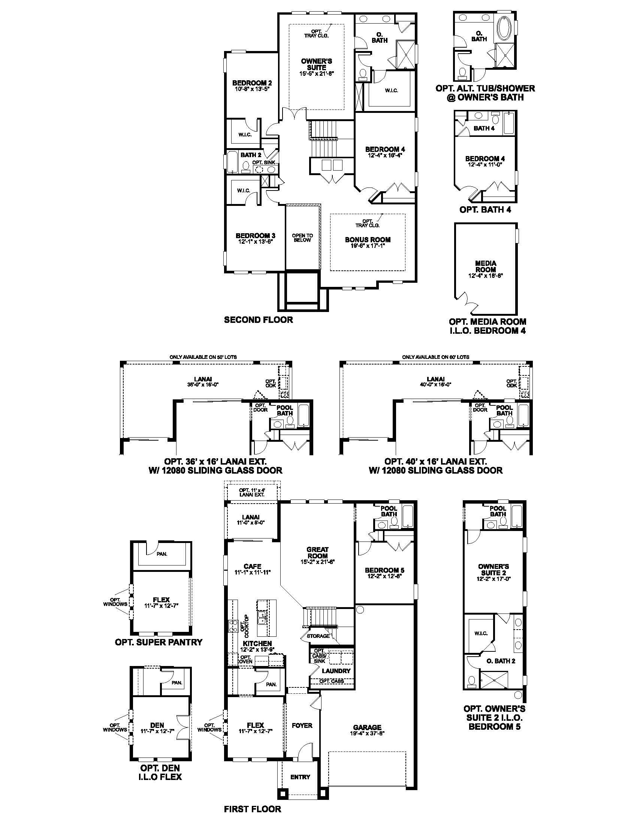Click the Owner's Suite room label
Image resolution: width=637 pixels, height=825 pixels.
[x=316, y=64]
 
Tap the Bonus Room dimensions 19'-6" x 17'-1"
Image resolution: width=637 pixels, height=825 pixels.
[x=367, y=246]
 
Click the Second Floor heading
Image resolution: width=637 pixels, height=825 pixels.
[x=258, y=320]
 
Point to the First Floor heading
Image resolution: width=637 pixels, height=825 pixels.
[x=253, y=809]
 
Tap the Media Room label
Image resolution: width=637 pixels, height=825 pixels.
[x=485, y=266]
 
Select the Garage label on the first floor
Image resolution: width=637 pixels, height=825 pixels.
[x=367, y=727]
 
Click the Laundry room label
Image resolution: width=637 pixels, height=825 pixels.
[x=336, y=671]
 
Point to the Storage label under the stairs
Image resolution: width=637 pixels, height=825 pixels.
[x=318, y=636]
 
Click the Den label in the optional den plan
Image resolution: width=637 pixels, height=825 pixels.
[x=157, y=725]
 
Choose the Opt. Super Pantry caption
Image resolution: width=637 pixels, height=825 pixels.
[x=159, y=642]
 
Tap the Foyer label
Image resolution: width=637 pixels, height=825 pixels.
[x=302, y=725]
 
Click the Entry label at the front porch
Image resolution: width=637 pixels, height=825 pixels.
[x=300, y=777]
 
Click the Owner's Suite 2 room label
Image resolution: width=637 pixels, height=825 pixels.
[x=493, y=570]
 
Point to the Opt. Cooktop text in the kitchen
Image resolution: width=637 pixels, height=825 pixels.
[x=244, y=623]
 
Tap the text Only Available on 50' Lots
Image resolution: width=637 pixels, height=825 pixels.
[x=203, y=357]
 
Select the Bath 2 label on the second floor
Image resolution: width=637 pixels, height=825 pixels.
[x=251, y=155]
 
